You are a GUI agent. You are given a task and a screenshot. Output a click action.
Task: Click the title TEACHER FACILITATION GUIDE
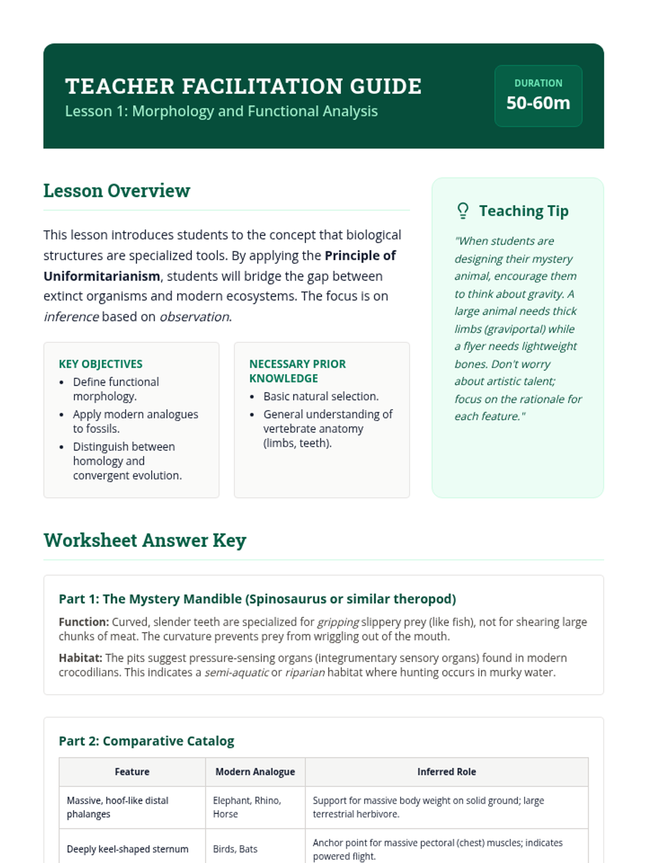243,86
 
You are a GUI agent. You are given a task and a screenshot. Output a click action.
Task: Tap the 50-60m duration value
538,102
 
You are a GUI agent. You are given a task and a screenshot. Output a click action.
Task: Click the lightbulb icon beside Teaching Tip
463,210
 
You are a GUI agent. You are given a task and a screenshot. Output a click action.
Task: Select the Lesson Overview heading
116,191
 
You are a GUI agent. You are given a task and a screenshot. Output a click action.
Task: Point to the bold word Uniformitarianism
102,276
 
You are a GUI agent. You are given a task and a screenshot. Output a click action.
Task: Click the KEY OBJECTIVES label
101,364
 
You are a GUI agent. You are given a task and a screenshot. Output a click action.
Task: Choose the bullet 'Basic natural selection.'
321,396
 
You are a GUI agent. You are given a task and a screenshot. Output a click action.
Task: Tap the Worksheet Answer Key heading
145,540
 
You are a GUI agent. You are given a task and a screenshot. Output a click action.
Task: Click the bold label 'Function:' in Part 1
84,622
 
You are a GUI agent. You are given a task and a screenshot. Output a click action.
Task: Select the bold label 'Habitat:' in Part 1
80,658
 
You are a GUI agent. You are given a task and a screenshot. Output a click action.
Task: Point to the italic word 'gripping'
338,622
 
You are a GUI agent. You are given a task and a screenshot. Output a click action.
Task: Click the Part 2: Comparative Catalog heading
147,741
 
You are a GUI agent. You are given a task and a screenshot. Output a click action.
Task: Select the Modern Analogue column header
255,772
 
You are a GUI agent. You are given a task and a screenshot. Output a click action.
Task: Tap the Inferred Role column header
446,772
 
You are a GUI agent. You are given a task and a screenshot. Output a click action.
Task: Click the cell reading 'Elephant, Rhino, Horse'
247,807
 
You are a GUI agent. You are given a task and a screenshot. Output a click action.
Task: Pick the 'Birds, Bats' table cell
235,849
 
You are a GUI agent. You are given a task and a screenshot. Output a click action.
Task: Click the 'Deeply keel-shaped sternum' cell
128,849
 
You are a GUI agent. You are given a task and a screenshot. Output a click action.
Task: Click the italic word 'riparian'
305,673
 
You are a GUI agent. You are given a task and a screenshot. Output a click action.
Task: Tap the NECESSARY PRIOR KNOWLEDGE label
298,371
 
